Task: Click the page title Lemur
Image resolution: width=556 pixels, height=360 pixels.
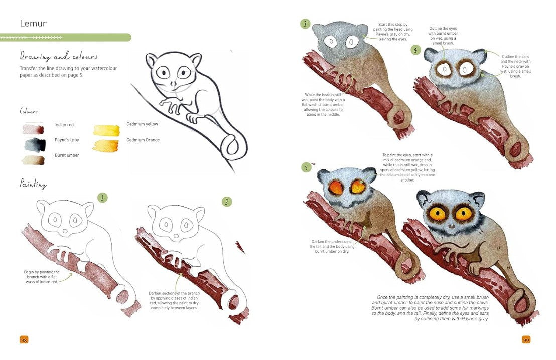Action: [x=33, y=24]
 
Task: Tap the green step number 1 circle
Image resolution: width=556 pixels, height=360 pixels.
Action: [x=102, y=198]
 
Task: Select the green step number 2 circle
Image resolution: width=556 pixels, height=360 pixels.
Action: [x=227, y=202]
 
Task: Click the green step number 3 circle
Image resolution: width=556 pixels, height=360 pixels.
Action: [x=305, y=24]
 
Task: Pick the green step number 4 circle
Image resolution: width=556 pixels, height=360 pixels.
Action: [x=415, y=50]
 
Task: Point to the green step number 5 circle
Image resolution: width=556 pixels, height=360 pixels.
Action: [x=306, y=167]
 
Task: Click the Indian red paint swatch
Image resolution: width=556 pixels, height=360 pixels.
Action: [x=33, y=129]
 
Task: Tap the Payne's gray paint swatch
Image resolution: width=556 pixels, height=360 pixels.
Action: [x=35, y=144]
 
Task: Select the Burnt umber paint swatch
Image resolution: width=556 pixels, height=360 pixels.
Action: [x=33, y=160]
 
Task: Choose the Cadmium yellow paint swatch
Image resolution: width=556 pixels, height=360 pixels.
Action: [x=106, y=130]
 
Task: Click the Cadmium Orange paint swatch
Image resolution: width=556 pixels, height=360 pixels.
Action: [x=106, y=145]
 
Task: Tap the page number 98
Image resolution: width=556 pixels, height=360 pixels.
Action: [x=24, y=340]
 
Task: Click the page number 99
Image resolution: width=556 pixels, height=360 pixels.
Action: [x=526, y=340]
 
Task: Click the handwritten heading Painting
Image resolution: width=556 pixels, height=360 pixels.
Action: [x=33, y=184]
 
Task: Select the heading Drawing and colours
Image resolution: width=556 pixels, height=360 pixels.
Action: [x=59, y=56]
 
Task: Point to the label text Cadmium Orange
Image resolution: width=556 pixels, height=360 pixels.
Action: [x=143, y=140]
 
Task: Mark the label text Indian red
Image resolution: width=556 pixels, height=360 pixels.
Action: [x=64, y=125]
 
